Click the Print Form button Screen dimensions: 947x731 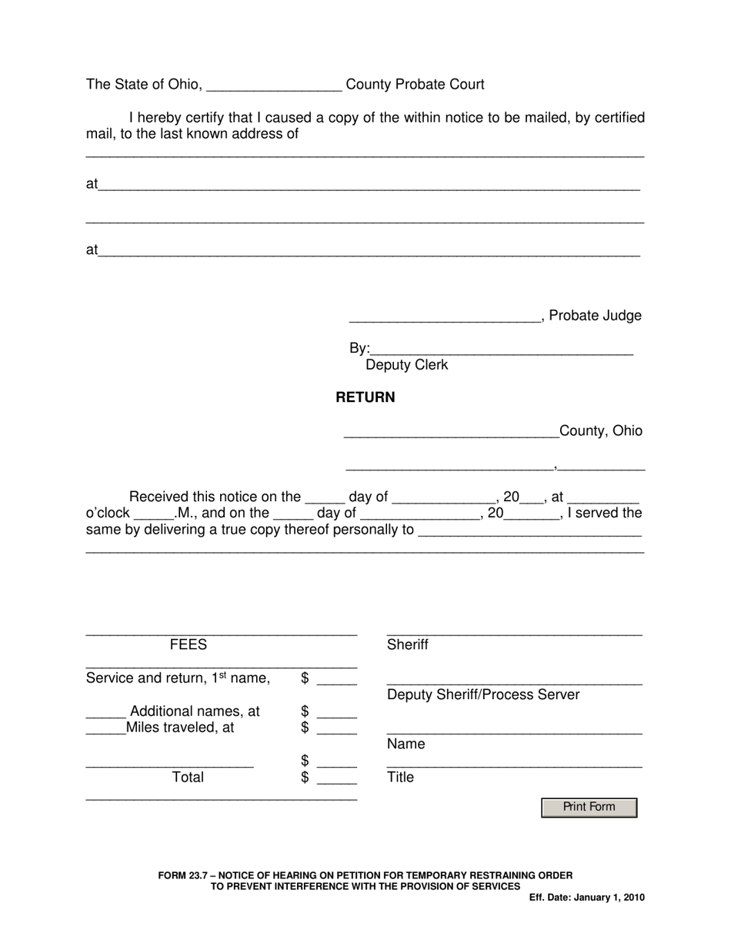589,807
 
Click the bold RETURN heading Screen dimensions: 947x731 365,397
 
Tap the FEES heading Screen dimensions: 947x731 188,645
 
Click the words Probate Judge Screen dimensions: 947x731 595,316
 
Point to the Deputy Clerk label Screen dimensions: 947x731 406,365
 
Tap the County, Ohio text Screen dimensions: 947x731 600,431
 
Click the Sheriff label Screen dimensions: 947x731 408,645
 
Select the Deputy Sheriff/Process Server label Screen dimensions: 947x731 483,695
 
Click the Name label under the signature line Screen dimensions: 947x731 406,745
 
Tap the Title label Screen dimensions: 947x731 400,778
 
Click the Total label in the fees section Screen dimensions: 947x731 188,778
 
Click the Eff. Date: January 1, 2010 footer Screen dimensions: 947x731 586,898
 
